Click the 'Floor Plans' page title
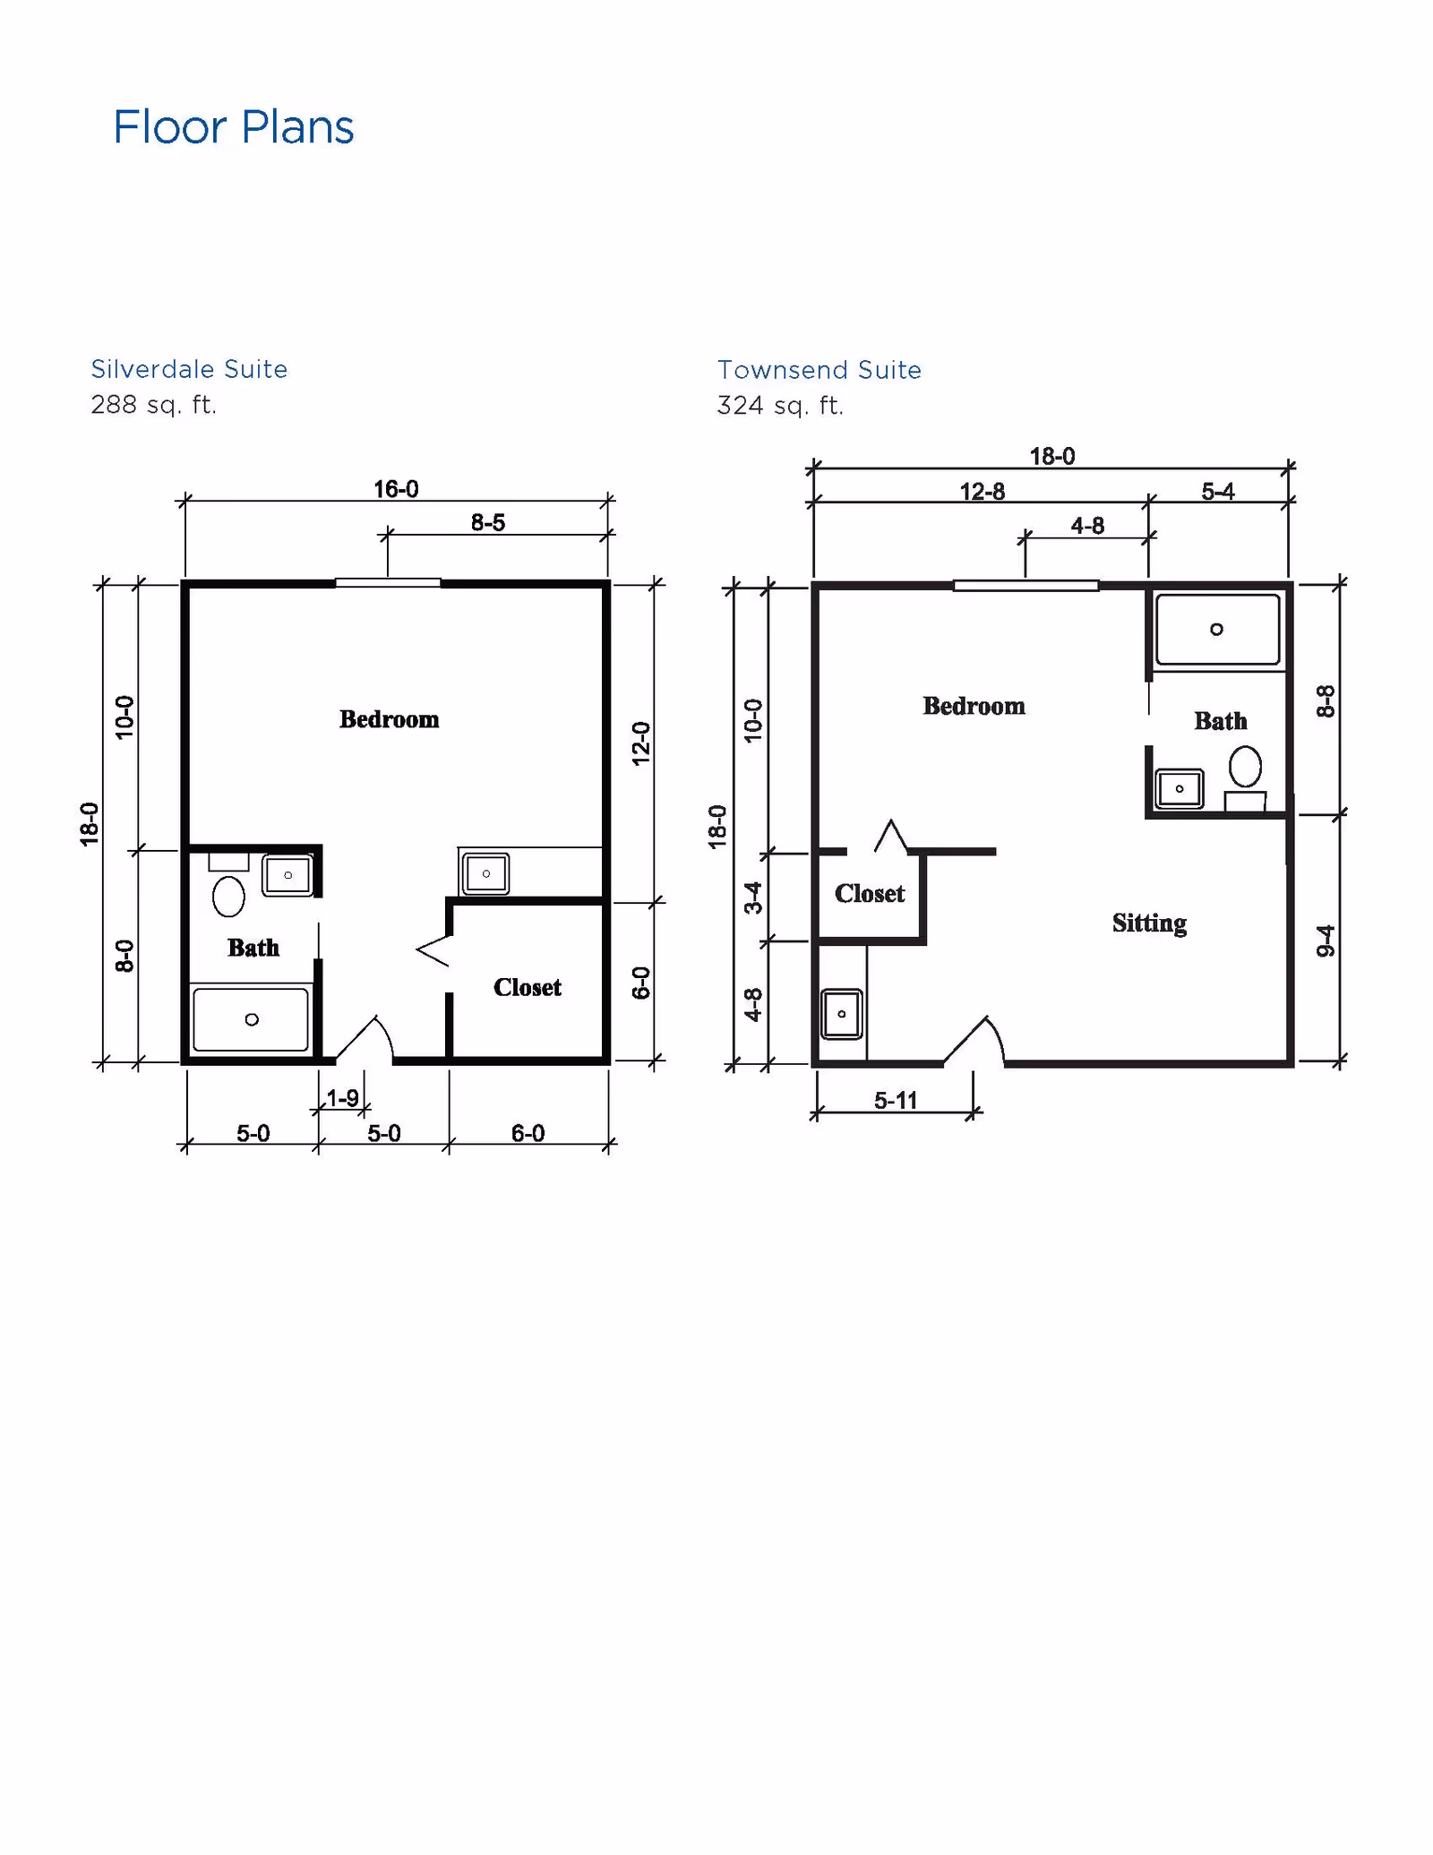234,127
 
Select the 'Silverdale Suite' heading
189,369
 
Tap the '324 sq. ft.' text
780,406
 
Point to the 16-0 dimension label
396,489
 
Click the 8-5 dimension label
488,522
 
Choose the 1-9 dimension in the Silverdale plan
342,1097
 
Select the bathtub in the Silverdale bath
251,1019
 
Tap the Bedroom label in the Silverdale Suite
389,719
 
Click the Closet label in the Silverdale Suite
528,987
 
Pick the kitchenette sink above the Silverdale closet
485,873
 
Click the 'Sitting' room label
1150,923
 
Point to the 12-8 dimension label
983,492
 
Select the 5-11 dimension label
896,1100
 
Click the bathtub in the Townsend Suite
1217,630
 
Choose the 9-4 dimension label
1326,940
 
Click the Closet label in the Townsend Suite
870,893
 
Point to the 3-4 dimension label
754,897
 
